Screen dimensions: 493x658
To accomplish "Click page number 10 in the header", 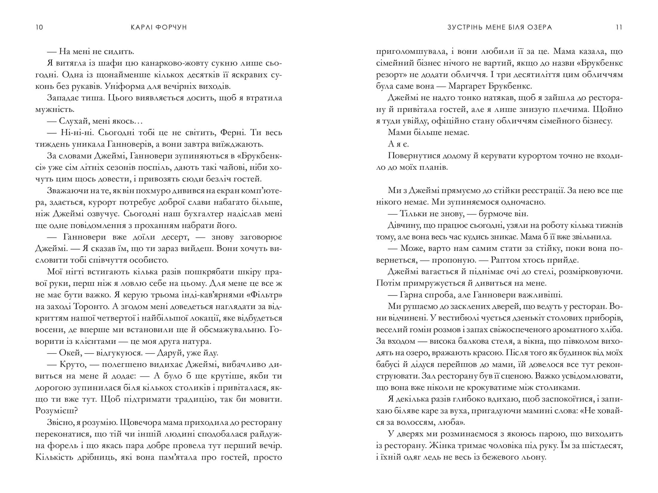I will click(39, 27).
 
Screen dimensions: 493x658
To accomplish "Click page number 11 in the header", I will click(619, 27).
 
